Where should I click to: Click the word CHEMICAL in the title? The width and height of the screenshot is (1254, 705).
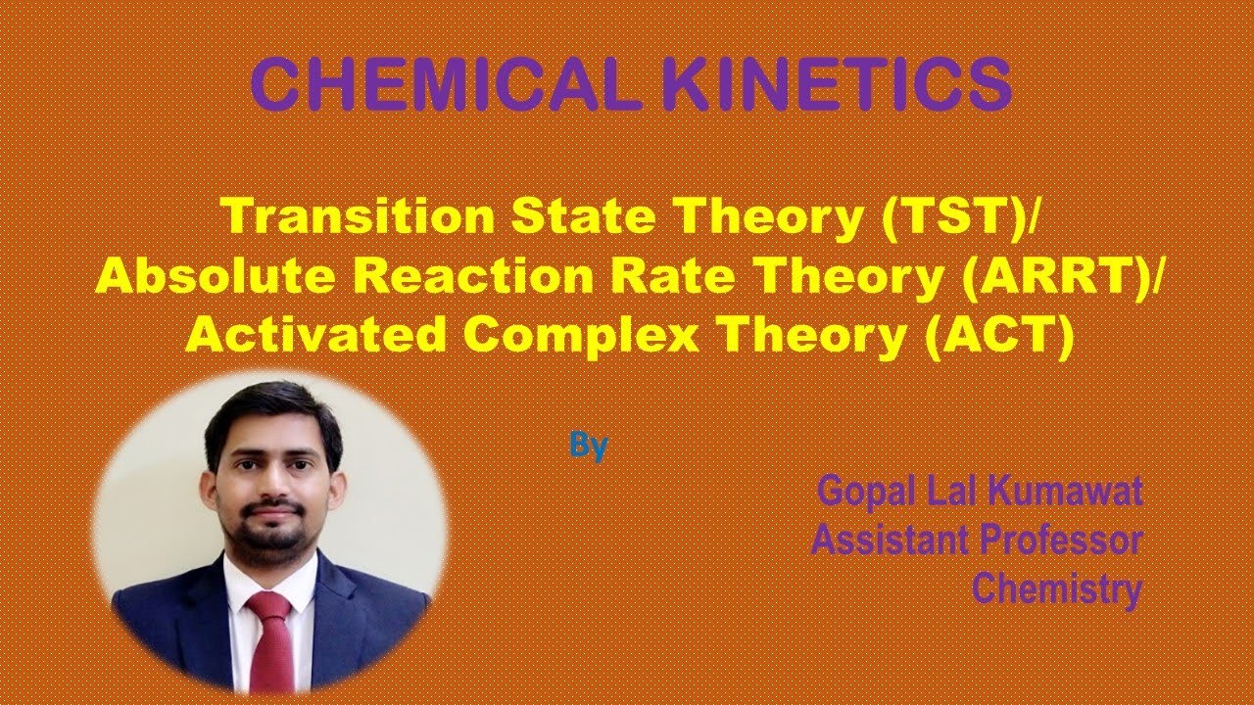coord(450,84)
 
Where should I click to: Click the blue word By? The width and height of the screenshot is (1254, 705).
coord(589,446)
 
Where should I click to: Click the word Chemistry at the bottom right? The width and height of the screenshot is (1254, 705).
coord(1057,588)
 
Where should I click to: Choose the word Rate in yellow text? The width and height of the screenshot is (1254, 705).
coord(667,277)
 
